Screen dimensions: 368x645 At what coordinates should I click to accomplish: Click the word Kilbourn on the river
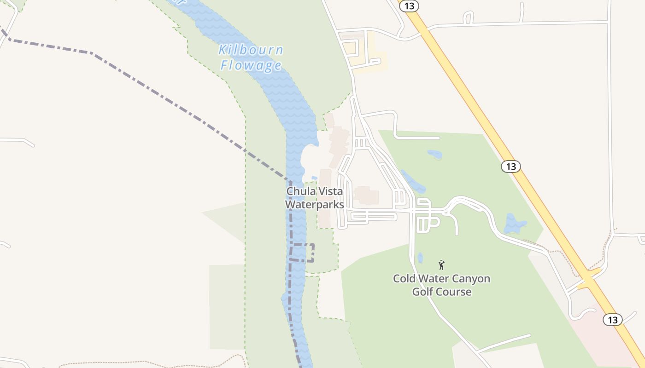point(251,50)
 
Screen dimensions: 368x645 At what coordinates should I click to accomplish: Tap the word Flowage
point(251,65)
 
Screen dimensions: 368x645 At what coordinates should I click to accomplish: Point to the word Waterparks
point(315,204)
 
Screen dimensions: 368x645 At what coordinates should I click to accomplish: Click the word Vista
point(329,191)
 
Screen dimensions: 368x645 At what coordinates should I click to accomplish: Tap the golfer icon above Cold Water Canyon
point(441,265)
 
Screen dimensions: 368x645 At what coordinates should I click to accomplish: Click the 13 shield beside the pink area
point(612,320)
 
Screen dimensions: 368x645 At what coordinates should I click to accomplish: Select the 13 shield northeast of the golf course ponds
point(511,167)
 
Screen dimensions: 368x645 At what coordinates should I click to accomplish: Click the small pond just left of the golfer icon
point(420,258)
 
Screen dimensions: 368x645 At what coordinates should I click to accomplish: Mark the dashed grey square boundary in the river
point(302,253)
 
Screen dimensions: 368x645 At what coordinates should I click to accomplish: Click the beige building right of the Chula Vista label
point(366,195)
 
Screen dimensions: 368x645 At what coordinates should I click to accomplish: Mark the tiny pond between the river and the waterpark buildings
point(314,178)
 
